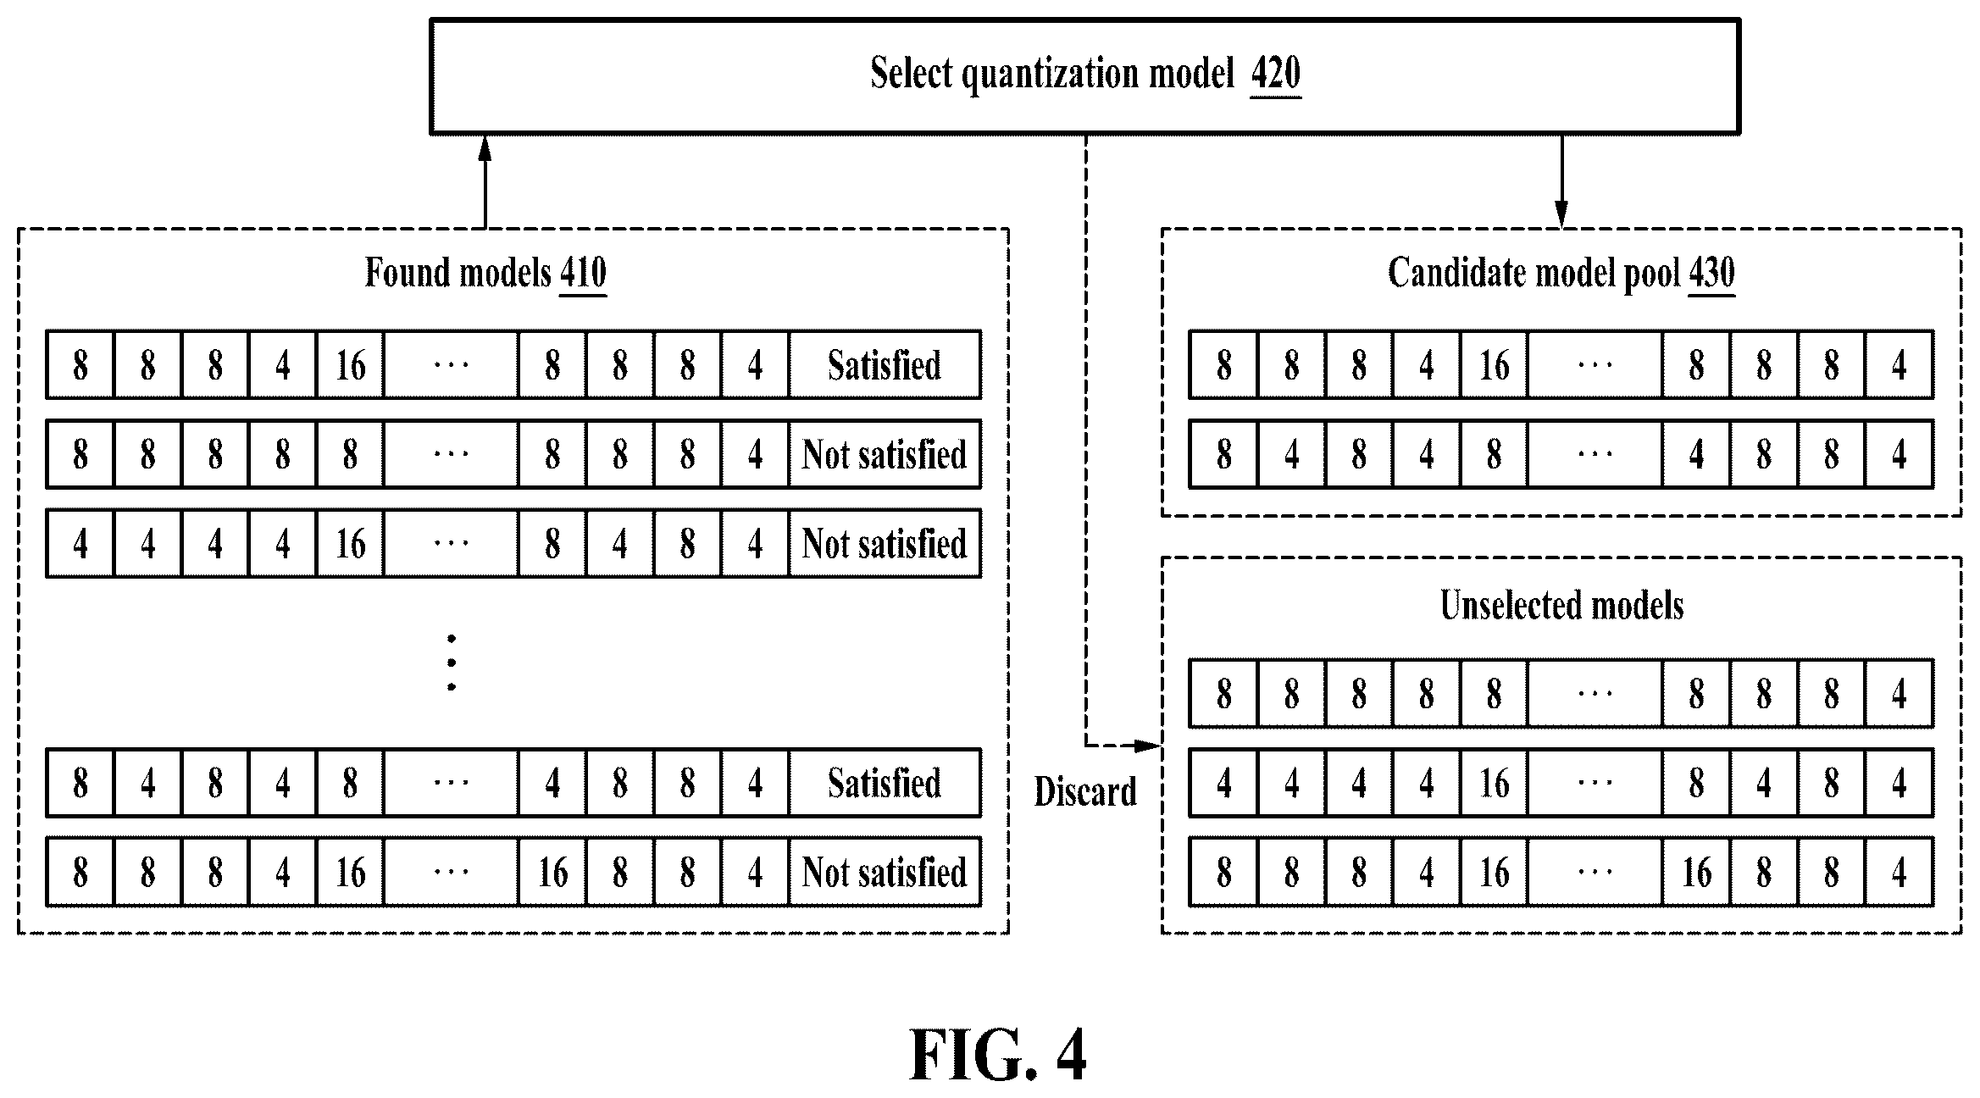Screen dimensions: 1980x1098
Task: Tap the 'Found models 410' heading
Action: [x=485, y=274]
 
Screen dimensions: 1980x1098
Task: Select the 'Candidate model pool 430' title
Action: [x=1561, y=274]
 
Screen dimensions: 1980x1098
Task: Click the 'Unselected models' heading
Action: [x=1561, y=606]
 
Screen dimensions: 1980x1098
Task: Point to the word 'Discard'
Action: [x=1085, y=791]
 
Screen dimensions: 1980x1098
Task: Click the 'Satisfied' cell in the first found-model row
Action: [x=885, y=365]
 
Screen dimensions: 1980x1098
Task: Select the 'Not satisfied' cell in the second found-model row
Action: [x=885, y=454]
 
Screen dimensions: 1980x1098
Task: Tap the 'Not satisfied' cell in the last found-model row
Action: [x=885, y=872]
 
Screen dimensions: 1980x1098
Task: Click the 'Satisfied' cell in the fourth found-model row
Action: [x=885, y=783]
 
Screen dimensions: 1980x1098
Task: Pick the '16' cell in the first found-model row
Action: [x=350, y=365]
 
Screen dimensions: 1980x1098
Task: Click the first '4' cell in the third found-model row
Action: [x=80, y=543]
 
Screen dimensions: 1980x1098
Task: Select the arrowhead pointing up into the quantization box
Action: [x=485, y=147]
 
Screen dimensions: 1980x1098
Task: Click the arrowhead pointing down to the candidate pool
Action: [x=1561, y=215]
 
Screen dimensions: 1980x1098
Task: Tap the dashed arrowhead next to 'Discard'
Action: [x=1148, y=746]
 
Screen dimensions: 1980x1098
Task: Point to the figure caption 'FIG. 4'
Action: [x=998, y=1055]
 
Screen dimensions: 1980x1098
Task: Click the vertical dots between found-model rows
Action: [x=452, y=663]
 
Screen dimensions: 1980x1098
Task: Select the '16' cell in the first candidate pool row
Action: [x=1494, y=365]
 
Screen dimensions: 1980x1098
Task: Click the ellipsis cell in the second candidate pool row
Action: [x=1595, y=454]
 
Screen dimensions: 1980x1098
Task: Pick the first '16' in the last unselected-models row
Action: [x=1494, y=872]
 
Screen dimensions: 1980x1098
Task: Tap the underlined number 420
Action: [x=1276, y=75]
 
